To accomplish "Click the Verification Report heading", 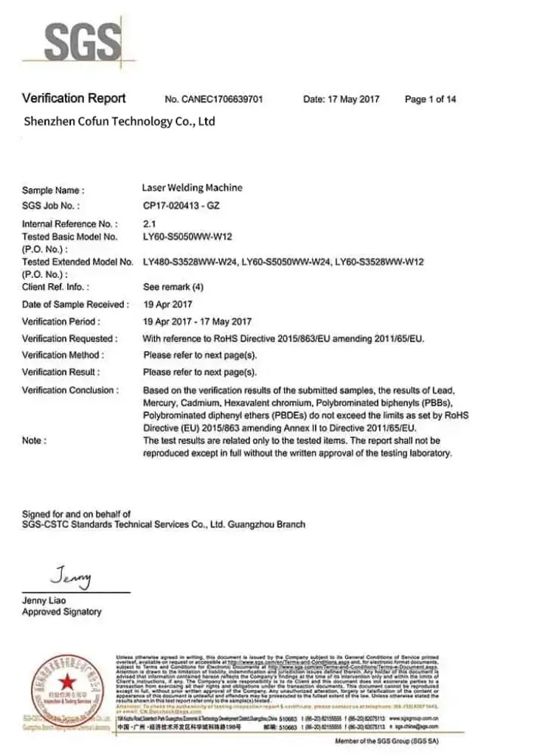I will pos(74,98).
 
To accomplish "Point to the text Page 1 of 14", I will pos(430,100).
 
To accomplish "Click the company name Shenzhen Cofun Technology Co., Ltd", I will pos(119,121).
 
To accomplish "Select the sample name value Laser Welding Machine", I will pos(192,188).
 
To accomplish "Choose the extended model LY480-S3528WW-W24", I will pos(191,262).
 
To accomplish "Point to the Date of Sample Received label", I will pos(75,305).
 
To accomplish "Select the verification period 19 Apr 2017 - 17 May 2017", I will pos(197,321).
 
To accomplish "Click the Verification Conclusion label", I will pos(70,390).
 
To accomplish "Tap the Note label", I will pos(34,440).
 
